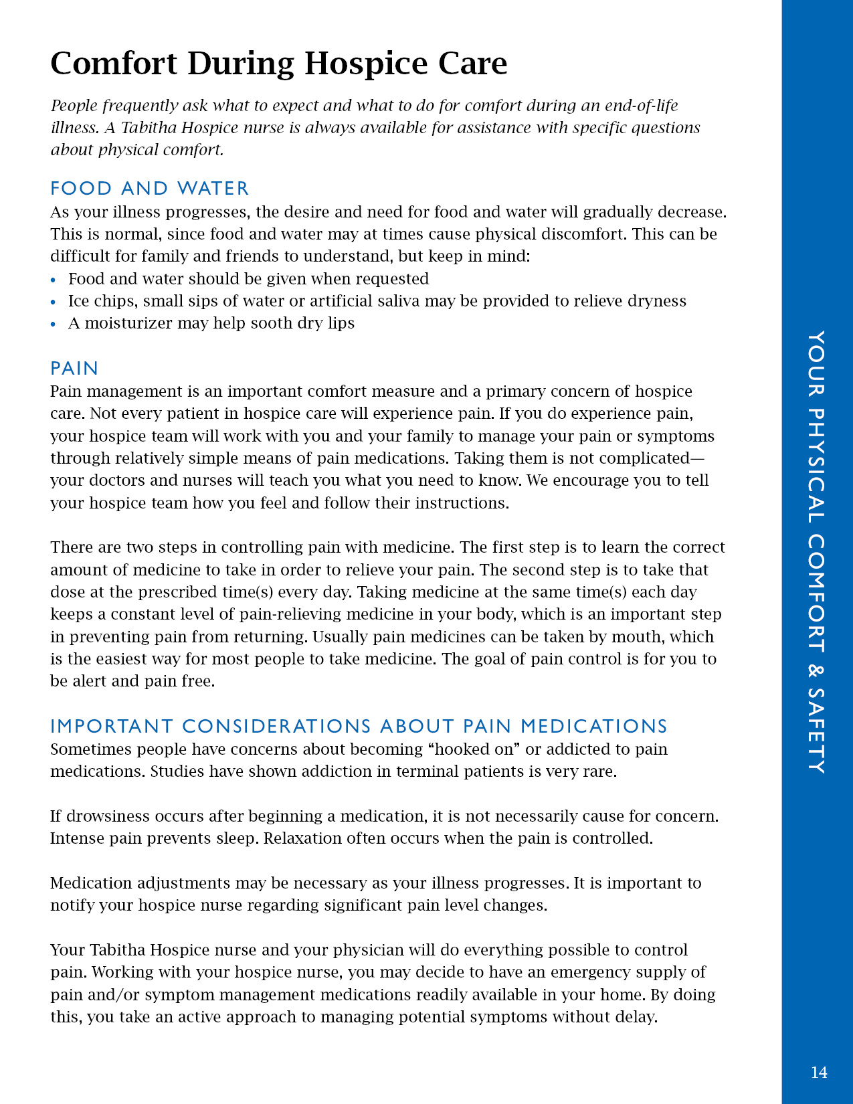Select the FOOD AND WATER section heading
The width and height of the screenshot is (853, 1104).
click(149, 189)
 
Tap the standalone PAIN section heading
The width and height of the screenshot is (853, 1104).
click(74, 369)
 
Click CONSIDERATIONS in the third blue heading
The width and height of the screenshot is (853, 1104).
click(276, 727)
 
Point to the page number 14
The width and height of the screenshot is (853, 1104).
click(819, 1073)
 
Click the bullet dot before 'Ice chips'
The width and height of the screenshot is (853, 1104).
click(54, 302)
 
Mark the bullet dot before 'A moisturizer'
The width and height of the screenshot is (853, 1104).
click(54, 325)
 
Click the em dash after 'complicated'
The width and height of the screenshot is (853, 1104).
click(697, 458)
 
